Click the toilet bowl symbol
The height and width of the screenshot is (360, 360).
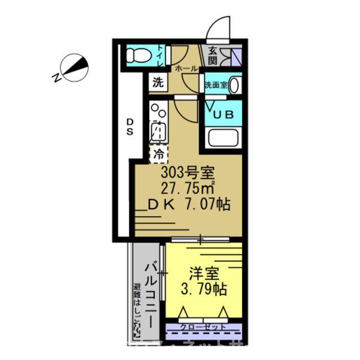pyautogui.click(x=137, y=56)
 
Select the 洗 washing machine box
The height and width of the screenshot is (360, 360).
pyautogui.click(x=158, y=83)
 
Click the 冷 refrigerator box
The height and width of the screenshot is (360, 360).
pyautogui.click(x=158, y=152)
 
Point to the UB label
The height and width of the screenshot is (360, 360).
pyautogui.click(x=223, y=114)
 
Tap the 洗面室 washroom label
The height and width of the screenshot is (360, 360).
pyautogui.click(x=215, y=86)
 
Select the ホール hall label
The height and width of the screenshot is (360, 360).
pyautogui.click(x=186, y=69)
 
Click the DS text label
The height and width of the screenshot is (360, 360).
pyautogui.click(x=129, y=127)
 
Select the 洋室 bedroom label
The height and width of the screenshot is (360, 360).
pyautogui.click(x=203, y=275)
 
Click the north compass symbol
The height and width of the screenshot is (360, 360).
pyautogui.click(x=75, y=67)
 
